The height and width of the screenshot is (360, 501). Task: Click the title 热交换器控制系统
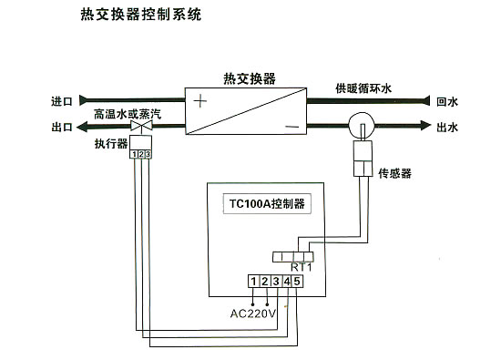(136, 15)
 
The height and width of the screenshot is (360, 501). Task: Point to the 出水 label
(447, 127)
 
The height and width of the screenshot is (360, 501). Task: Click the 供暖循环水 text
(364, 88)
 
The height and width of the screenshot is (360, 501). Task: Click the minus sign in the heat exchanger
(291, 125)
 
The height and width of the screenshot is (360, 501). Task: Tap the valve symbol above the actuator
(140, 129)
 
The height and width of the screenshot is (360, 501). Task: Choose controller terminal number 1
(254, 281)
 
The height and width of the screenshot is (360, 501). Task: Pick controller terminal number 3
(275, 281)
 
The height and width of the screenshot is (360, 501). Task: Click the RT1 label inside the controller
(301, 266)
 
